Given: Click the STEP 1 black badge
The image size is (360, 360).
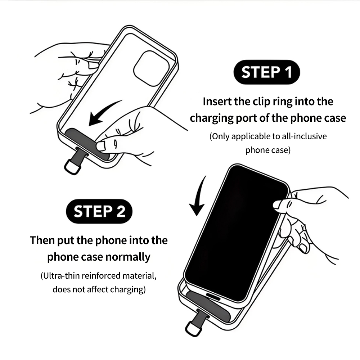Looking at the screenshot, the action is click(266, 72).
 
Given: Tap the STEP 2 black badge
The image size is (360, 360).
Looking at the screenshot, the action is click(99, 211).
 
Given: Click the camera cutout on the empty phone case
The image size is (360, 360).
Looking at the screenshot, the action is click(151, 69).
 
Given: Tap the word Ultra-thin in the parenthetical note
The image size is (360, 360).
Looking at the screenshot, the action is click(60, 275).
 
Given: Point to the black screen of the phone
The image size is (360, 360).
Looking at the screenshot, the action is click(237, 232).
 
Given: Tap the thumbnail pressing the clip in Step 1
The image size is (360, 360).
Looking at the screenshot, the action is click(100, 146).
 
